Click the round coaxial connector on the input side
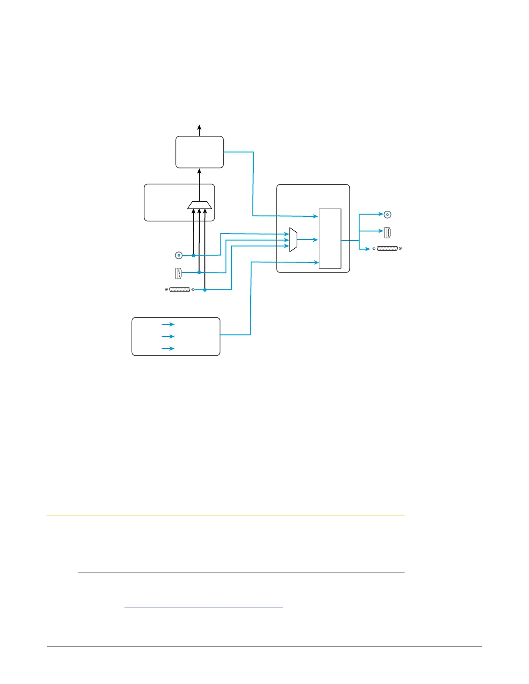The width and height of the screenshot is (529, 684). point(178,256)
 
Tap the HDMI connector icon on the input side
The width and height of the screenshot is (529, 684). point(178,273)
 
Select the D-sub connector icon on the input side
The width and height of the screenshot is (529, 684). point(180,290)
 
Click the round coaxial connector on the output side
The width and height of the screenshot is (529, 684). point(388,214)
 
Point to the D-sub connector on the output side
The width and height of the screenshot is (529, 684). point(387,249)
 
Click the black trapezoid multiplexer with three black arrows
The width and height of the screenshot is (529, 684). point(200,205)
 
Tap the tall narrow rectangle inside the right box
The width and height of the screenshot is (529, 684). point(330,238)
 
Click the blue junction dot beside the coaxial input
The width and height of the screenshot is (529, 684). point(193,256)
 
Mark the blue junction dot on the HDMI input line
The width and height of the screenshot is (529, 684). point(199,272)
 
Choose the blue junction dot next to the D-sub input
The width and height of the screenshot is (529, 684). point(205,290)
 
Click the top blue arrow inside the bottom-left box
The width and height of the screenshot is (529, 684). point(168,324)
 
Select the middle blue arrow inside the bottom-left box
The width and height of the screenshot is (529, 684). point(168,336)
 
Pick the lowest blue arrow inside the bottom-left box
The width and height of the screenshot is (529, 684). point(168,348)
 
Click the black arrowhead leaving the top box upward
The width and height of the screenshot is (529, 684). point(199,127)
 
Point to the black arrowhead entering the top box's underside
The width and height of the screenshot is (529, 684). point(199,171)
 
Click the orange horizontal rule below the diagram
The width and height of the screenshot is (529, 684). point(225,515)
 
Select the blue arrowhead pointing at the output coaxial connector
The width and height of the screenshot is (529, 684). point(380,214)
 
